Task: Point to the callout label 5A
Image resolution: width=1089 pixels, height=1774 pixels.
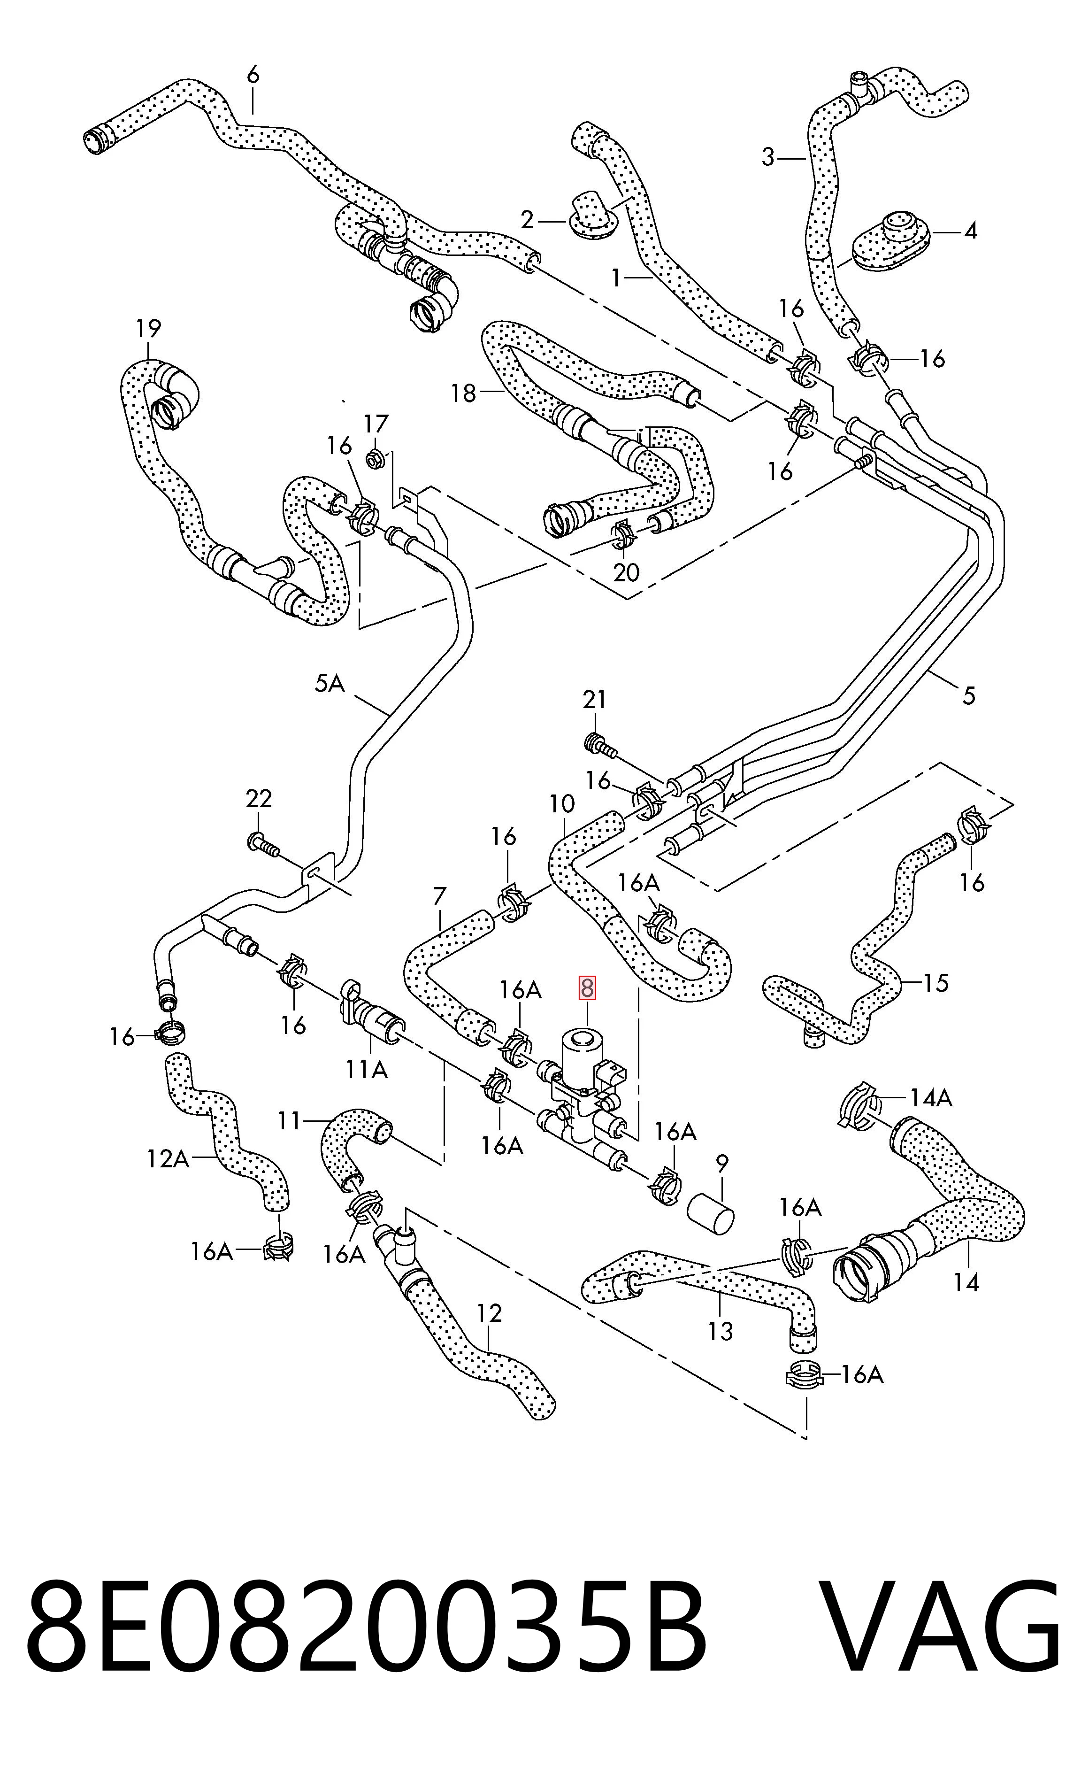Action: coord(330,683)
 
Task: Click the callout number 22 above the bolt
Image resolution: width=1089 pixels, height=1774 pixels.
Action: coord(259,798)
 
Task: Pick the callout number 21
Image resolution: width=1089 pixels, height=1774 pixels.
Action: coord(594,699)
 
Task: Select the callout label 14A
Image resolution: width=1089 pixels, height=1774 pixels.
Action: coord(931,1098)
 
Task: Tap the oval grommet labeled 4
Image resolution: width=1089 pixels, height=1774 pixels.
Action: coord(891,242)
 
